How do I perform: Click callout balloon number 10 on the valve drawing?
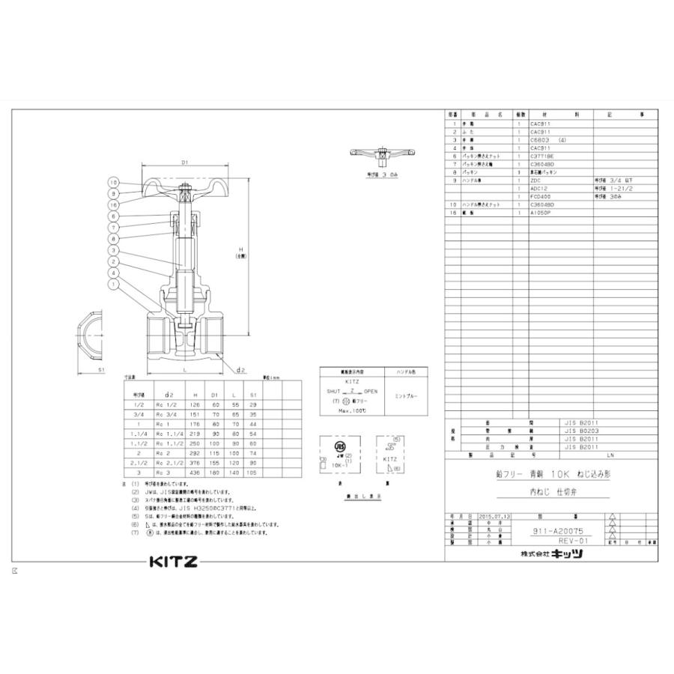[113, 182]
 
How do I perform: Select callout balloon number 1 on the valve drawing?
[113, 284]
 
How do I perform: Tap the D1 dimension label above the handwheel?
[184, 162]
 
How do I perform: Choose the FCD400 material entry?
[541, 196]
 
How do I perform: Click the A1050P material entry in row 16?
[541, 213]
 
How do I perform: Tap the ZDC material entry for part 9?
[535, 180]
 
